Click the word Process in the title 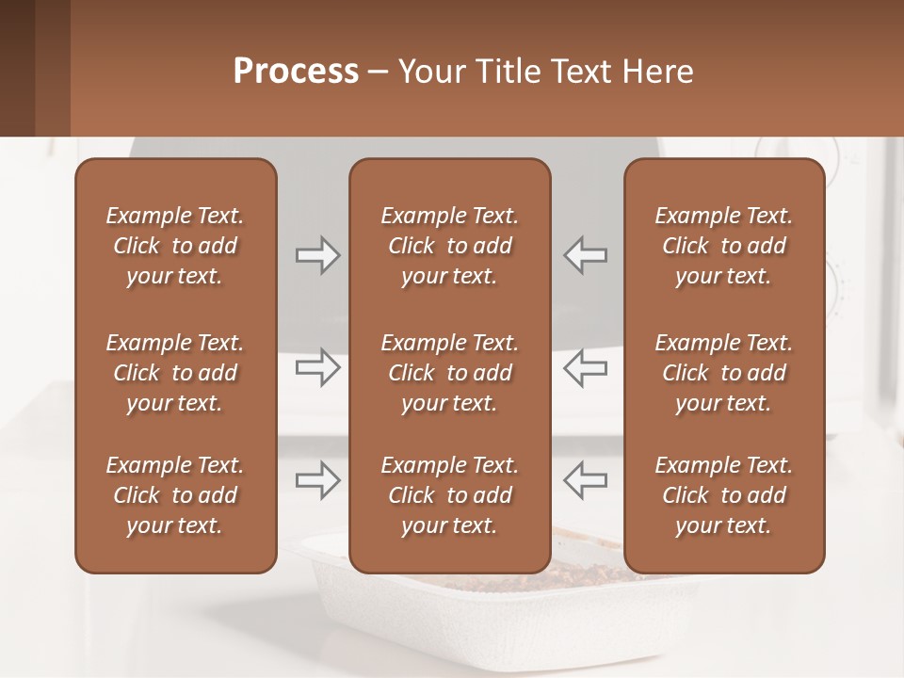coord(296,72)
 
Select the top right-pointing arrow coord(318,255)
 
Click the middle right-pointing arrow coord(318,367)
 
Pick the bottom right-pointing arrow coord(318,480)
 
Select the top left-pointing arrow coord(585,255)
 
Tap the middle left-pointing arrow coord(585,367)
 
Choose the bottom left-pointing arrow coord(585,480)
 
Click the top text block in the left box coord(175,246)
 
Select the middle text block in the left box coord(175,373)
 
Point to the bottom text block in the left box coord(175,495)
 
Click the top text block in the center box coord(449,246)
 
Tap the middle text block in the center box coord(449,373)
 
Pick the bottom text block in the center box coord(449,495)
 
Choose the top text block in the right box coord(723,246)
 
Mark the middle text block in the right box coord(723,373)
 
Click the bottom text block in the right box coord(723,495)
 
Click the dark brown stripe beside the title coord(17,68)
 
